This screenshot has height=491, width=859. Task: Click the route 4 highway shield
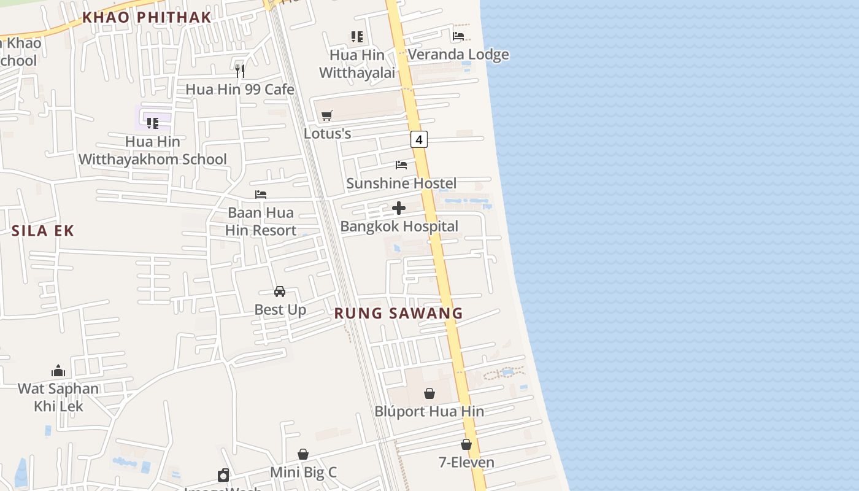419,140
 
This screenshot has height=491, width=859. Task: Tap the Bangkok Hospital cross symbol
399,209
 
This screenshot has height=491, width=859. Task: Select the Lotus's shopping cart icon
327,115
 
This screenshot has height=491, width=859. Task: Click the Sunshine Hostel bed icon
401,165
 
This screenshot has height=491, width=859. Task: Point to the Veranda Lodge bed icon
458,36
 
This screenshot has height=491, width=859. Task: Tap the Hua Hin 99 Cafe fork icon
240,71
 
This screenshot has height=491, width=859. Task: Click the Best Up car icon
280,292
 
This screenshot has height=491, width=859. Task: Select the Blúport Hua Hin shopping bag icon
429,393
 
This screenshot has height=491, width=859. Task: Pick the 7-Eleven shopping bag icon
466,444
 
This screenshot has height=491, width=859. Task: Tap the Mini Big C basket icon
303,454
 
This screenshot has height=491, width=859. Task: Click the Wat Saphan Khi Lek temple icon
58,371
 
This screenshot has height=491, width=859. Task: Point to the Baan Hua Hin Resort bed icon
261,195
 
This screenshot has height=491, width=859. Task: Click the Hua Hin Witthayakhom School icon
153,123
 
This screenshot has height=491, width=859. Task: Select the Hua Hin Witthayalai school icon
357,37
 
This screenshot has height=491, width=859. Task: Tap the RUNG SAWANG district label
398,314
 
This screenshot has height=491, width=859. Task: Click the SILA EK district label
43,231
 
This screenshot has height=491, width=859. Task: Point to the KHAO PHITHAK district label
147,18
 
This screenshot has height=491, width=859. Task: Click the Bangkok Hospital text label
399,226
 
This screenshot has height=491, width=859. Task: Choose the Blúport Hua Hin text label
429,411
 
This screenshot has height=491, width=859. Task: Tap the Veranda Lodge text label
458,55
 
